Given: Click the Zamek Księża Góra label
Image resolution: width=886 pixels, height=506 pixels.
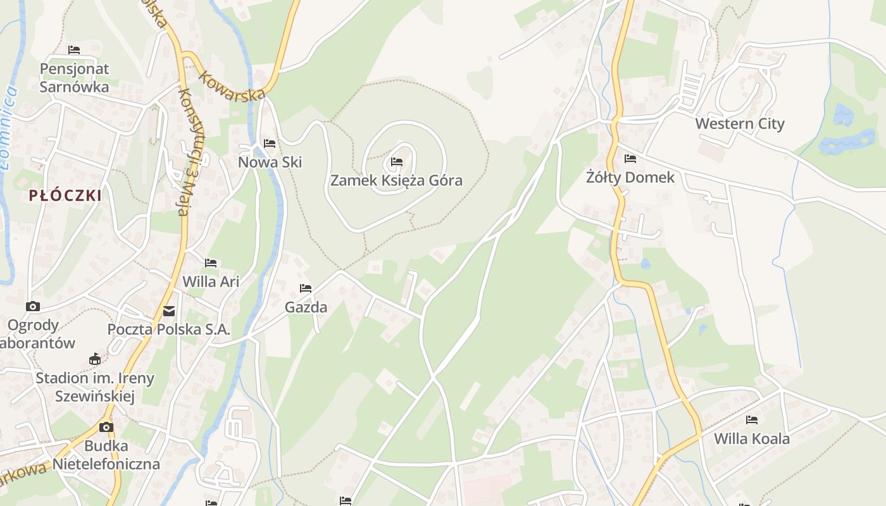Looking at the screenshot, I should pos(396,180).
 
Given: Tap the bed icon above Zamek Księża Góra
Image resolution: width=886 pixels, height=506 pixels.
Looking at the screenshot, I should pos(397,162).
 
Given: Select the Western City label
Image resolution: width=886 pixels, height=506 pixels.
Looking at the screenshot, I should pos(740,123).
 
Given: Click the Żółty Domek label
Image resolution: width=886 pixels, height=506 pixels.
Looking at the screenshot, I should pos(630,177).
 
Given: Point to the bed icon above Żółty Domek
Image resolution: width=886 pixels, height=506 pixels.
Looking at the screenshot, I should pos(630,159).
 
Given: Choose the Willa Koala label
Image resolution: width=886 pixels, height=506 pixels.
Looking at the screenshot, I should pos(752,438).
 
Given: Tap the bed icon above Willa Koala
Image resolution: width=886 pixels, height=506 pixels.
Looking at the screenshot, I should pos(752,419).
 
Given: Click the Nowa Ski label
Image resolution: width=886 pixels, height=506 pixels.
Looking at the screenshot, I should pos(270,162).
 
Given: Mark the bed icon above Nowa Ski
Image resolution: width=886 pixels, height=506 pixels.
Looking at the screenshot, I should pos(270,144).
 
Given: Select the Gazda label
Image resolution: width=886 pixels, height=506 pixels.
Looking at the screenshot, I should pos(306,307).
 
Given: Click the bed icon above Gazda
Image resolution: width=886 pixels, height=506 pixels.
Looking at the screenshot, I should pos(306,288).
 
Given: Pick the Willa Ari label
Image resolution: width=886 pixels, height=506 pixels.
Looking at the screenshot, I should pos(211,281).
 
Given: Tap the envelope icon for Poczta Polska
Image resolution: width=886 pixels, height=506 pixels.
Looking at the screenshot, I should pos(169,311).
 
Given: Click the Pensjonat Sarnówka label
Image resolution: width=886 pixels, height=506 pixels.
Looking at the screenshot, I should pos(74,77).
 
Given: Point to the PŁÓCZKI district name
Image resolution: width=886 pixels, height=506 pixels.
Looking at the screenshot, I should pos(65,195).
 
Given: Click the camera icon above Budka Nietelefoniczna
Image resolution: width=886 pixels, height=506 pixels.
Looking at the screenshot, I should pos(106,427).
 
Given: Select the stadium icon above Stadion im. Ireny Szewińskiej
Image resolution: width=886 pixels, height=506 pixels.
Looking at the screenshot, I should pos(95,359).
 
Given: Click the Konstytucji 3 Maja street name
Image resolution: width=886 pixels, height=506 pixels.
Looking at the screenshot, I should pos(185,152).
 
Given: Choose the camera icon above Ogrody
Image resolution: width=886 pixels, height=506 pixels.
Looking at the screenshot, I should pos(33,307).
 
